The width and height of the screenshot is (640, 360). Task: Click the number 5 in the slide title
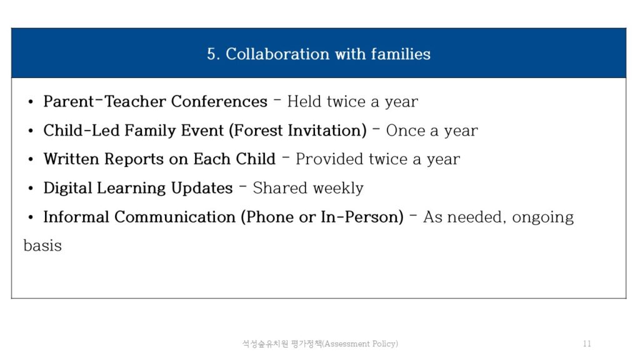(x=211, y=54)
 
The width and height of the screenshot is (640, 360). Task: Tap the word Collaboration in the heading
(x=277, y=54)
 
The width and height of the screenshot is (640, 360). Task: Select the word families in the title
(x=401, y=54)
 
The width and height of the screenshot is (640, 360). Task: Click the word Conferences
(x=219, y=101)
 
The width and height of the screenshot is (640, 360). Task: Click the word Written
(x=71, y=159)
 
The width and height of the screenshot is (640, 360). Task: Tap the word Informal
(x=76, y=217)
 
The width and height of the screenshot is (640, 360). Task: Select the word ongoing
(x=543, y=217)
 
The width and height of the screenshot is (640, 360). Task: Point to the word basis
(x=42, y=246)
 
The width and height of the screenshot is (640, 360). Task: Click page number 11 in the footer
(x=587, y=344)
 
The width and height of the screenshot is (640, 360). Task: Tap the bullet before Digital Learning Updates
(x=31, y=189)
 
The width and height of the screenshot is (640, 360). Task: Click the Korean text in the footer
(x=282, y=344)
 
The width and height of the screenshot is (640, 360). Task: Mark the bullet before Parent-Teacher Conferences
(x=31, y=102)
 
